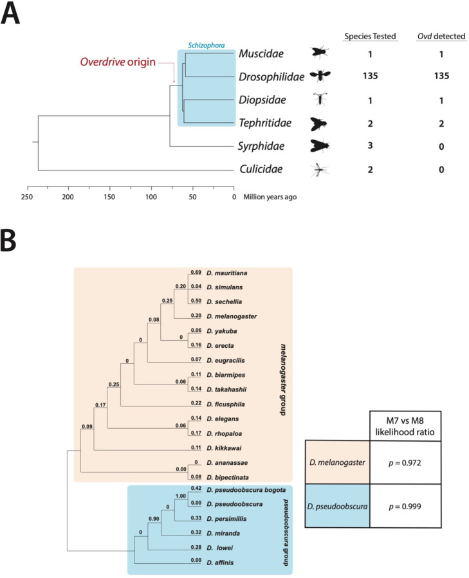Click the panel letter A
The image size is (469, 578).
pos(12,14)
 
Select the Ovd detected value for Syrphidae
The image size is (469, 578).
pos(441,147)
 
